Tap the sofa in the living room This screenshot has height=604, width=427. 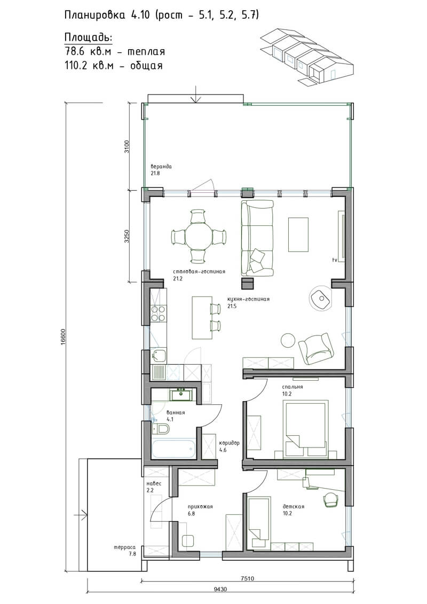pyautogui.click(x=257, y=238)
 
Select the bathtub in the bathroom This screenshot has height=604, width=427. pyautogui.click(x=173, y=449)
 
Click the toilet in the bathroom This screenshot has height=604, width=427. pyautogui.click(x=161, y=429)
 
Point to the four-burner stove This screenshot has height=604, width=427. pyautogui.click(x=158, y=313)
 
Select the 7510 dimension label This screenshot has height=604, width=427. pyautogui.click(x=248, y=578)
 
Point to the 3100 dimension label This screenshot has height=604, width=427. pyautogui.click(x=127, y=146)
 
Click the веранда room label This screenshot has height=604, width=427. pyautogui.click(x=161, y=167)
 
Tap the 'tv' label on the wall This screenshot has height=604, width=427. pyautogui.click(x=335, y=260)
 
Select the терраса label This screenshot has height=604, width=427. pyautogui.click(x=125, y=547)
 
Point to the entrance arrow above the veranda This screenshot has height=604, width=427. pyautogui.click(x=196, y=95)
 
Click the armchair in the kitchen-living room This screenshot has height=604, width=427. pyautogui.click(x=316, y=349)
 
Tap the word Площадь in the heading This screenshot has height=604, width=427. pyautogui.click(x=88, y=38)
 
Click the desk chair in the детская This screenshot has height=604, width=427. pyautogui.click(x=330, y=499)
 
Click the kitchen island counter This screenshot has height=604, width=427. pyautogui.click(x=202, y=318)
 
